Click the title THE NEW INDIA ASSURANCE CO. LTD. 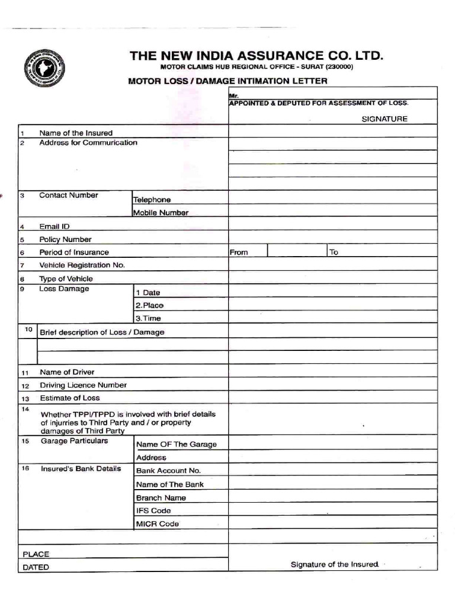(257, 56)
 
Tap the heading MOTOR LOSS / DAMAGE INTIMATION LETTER (227, 81)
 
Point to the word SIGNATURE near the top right (384, 119)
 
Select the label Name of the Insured (76, 133)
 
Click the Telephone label (152, 200)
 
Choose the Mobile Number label (161, 213)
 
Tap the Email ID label (55, 226)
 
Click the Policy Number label (65, 239)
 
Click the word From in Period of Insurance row (239, 253)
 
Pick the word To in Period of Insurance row (334, 253)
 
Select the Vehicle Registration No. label (82, 265)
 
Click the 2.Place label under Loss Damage (149, 305)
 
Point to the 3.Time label (148, 318)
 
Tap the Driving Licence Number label (83, 385)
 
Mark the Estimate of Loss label (69, 398)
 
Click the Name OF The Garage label (177, 445)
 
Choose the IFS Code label (153, 510)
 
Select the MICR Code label (157, 524)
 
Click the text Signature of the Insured (334, 564)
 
